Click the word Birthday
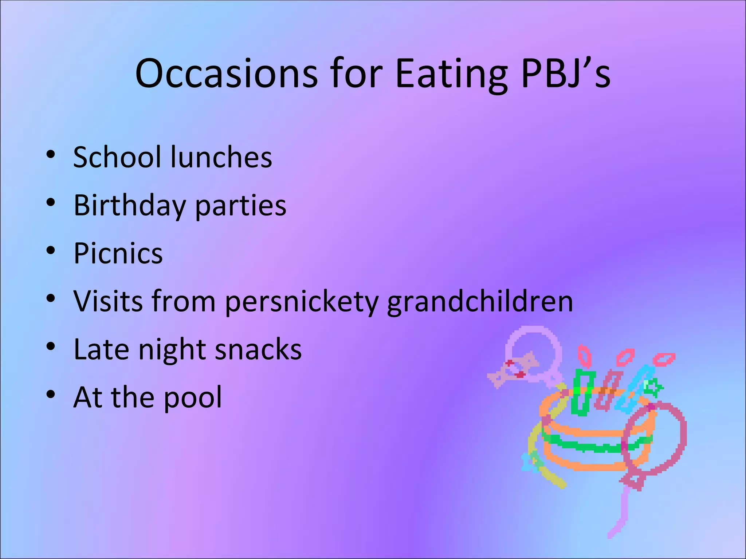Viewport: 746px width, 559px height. (130, 205)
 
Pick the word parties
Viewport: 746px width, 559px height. (241, 206)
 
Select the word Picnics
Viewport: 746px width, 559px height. (118, 253)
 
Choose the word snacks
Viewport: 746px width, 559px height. (258, 349)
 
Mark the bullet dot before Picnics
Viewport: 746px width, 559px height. (51, 250)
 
